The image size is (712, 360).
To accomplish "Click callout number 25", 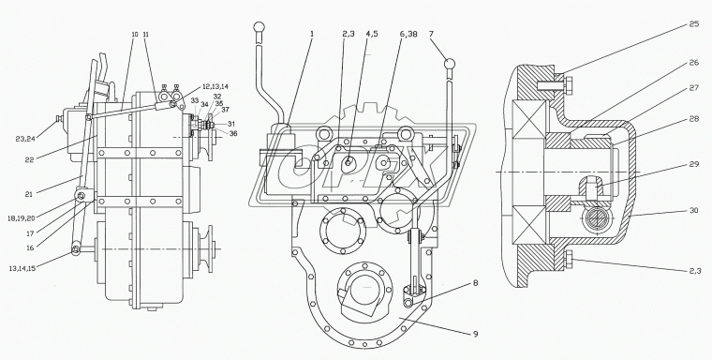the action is tap(694, 24).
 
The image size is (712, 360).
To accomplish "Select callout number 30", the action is tap(694, 210).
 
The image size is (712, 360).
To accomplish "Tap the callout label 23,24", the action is tap(24, 139).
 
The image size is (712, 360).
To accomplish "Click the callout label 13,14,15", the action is tap(22, 268).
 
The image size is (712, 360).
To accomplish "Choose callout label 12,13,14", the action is tap(215, 86).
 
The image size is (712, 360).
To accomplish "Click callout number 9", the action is tap(475, 334).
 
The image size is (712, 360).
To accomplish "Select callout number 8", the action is tap(475, 283).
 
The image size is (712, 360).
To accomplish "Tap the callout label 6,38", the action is tap(408, 34).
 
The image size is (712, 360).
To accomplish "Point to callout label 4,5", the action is tap(371, 34).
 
